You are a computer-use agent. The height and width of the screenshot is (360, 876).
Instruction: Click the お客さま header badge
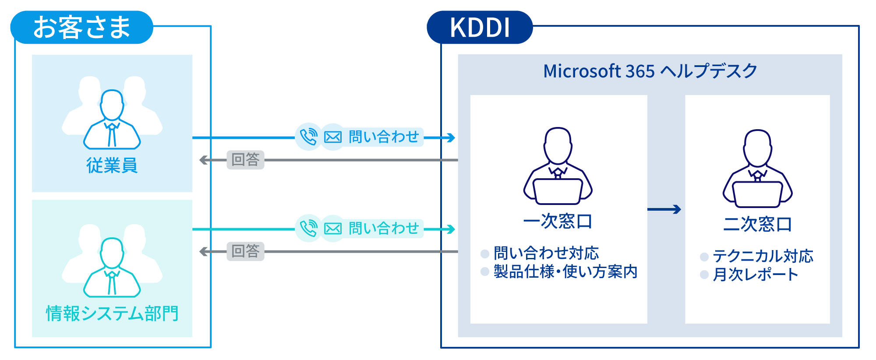click(x=82, y=27)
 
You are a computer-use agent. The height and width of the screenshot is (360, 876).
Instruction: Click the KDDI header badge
click(x=480, y=28)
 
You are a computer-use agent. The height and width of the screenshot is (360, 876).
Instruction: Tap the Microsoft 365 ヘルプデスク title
click(x=650, y=71)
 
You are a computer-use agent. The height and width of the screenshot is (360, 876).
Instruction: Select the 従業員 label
click(x=112, y=166)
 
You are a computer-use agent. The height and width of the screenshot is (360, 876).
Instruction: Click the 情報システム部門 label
click(x=112, y=314)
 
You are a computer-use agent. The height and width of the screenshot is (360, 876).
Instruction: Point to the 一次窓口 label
click(x=558, y=221)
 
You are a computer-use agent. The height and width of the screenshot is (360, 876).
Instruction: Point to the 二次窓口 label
click(x=757, y=224)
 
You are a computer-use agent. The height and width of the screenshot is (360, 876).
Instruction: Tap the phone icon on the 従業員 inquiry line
click(x=309, y=137)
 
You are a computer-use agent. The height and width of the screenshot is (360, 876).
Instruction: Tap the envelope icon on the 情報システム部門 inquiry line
click(x=333, y=229)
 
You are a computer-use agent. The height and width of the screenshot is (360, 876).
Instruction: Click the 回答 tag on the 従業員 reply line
click(x=245, y=160)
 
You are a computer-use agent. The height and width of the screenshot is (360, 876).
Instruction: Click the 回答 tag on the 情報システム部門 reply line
click(x=245, y=251)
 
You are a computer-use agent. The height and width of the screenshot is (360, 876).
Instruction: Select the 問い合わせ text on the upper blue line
click(x=384, y=137)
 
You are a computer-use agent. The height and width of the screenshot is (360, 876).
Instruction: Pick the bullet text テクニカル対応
click(x=763, y=256)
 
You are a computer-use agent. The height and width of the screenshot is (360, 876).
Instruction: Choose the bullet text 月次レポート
click(x=755, y=275)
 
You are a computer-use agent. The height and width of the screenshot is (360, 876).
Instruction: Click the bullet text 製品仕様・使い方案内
click(x=565, y=272)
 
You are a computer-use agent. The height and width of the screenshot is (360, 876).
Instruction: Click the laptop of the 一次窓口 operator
click(x=558, y=191)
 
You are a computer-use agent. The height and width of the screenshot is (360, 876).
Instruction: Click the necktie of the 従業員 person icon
click(x=112, y=135)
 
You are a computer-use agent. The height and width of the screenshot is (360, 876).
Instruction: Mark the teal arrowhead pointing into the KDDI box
click(x=451, y=229)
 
